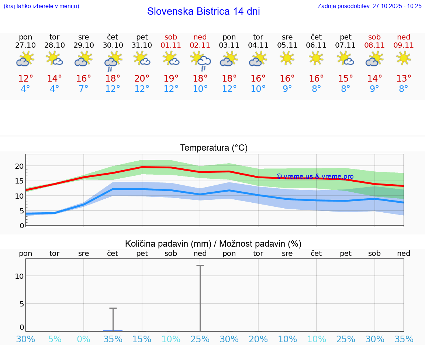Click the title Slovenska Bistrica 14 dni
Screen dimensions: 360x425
coord(203,11)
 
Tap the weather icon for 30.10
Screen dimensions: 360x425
coord(113,61)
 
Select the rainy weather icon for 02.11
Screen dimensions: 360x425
coord(200,61)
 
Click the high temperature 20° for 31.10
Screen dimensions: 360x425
coord(142,79)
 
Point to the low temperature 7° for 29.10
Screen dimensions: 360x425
coord(84,89)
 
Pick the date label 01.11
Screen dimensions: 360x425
coord(171,45)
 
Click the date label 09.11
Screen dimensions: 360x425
coord(404,45)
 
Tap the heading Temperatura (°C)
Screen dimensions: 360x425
coord(214,148)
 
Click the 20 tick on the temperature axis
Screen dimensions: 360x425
coord(19,166)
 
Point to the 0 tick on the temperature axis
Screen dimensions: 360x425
coord(22,226)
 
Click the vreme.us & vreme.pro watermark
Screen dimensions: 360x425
coord(315,176)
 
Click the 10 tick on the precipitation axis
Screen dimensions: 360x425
coord(19,276)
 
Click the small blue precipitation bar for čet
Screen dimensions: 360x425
coord(113,331)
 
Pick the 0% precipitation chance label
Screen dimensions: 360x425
coord(84,339)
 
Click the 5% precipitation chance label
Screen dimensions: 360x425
coord(55,339)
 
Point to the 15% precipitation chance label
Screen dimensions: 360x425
coord(142,339)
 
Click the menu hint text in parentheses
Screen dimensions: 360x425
coord(41,6)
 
